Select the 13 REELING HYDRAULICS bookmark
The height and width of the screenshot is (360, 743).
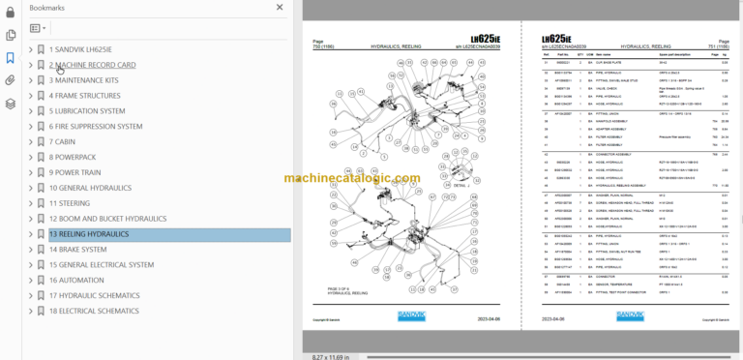coord(88,234)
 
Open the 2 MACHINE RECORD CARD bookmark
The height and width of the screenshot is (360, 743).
coord(92,65)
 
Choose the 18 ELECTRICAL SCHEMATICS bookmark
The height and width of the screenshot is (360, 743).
coord(94,311)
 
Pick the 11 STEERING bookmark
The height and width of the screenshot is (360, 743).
coord(73,203)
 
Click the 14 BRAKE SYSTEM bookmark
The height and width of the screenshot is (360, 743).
coord(78,250)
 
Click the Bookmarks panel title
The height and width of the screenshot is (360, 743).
coord(48,7)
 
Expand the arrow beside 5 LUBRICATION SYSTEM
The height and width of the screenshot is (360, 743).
coord(31,111)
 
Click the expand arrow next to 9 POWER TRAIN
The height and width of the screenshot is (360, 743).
coord(31,172)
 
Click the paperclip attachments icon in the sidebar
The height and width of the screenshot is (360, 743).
coord(10,80)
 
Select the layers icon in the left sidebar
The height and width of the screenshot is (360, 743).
coord(10,104)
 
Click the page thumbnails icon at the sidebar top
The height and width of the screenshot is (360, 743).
coord(10,35)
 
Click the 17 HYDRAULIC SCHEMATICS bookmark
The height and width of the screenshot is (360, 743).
coord(94,296)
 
